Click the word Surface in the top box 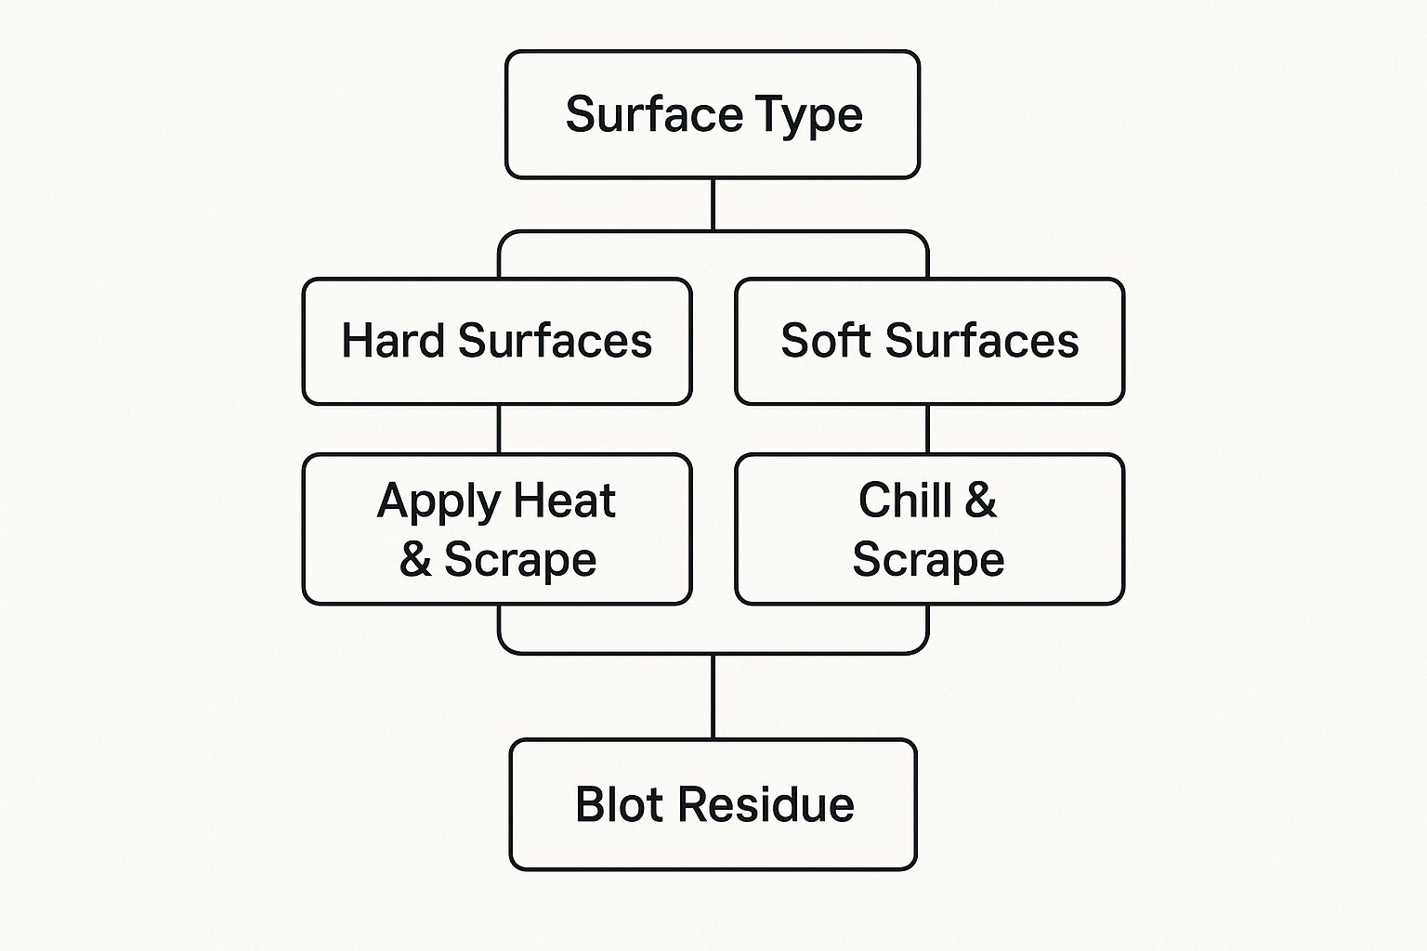click(x=654, y=114)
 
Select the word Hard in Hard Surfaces click(x=393, y=340)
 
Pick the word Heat click(x=565, y=500)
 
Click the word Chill click(x=905, y=500)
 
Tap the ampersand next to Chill click(x=981, y=500)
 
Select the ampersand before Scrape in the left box click(x=415, y=559)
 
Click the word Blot click(x=620, y=804)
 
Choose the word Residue click(x=766, y=804)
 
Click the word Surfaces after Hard click(x=555, y=340)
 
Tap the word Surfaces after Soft click(x=982, y=340)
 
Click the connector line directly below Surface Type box click(x=713, y=204)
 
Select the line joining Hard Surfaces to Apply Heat click(x=499, y=429)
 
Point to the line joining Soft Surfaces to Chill click(x=927, y=429)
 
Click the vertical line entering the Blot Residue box click(x=713, y=697)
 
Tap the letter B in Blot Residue click(x=590, y=804)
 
